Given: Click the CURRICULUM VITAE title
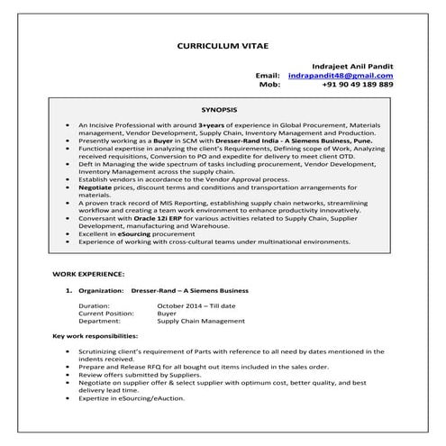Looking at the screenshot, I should pyautogui.click(x=222, y=43).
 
